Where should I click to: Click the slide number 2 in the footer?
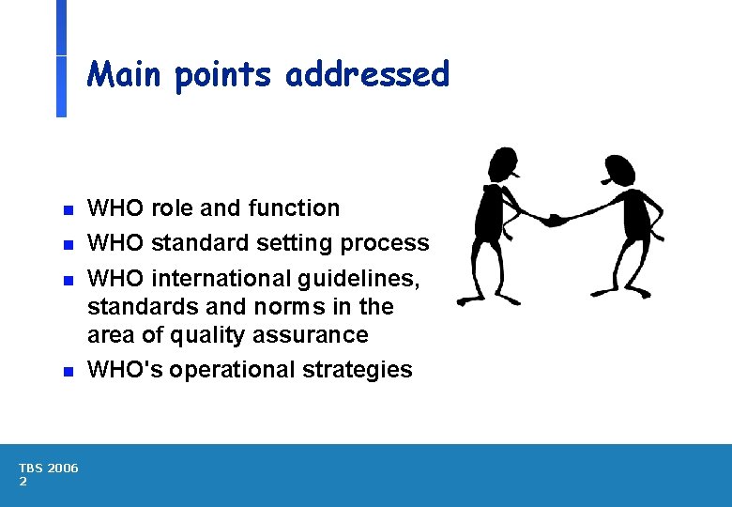click(23, 482)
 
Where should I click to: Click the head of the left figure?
click(504, 165)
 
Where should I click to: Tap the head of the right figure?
click(619, 170)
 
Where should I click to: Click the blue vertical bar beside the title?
click(61, 58)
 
